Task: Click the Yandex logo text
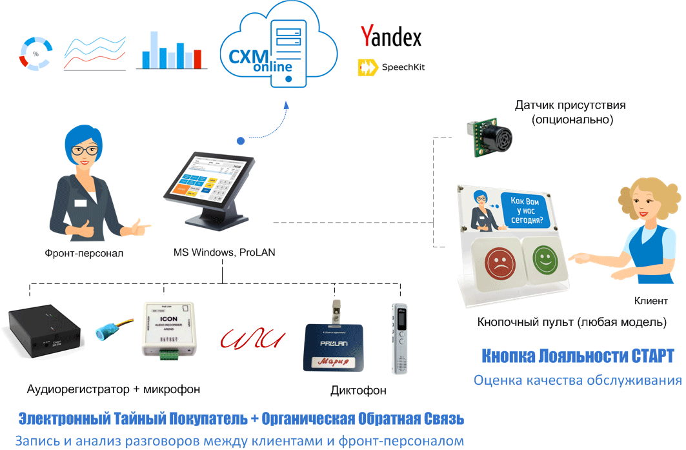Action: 391,36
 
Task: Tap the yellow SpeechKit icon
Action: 367,67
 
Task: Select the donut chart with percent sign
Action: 35,53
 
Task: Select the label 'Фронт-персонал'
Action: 84,253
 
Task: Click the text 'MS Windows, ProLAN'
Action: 224,252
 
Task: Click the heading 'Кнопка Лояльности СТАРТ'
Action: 578,356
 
